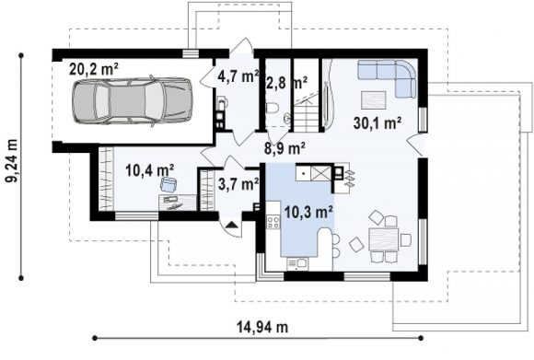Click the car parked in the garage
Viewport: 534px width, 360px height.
point(133,100)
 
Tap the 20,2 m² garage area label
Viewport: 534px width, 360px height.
point(94,69)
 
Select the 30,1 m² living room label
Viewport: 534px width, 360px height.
point(377,122)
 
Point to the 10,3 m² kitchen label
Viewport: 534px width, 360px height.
point(308,212)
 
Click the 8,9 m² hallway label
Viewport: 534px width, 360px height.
point(284,148)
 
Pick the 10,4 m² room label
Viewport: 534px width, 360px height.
point(150,170)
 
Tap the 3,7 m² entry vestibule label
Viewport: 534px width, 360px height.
point(238,184)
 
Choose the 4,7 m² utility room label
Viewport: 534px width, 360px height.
point(238,76)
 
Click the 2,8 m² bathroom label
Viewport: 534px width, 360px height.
point(286,83)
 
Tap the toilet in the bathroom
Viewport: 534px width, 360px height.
point(273,108)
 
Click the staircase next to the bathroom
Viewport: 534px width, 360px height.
point(306,114)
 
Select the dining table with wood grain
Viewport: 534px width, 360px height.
point(384,239)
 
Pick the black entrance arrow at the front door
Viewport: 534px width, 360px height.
point(231,224)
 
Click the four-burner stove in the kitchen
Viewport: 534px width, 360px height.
point(273,222)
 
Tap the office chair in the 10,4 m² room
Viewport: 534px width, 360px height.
point(168,184)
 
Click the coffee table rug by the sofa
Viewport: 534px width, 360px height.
point(374,100)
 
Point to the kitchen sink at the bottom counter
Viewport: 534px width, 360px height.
point(297,264)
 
